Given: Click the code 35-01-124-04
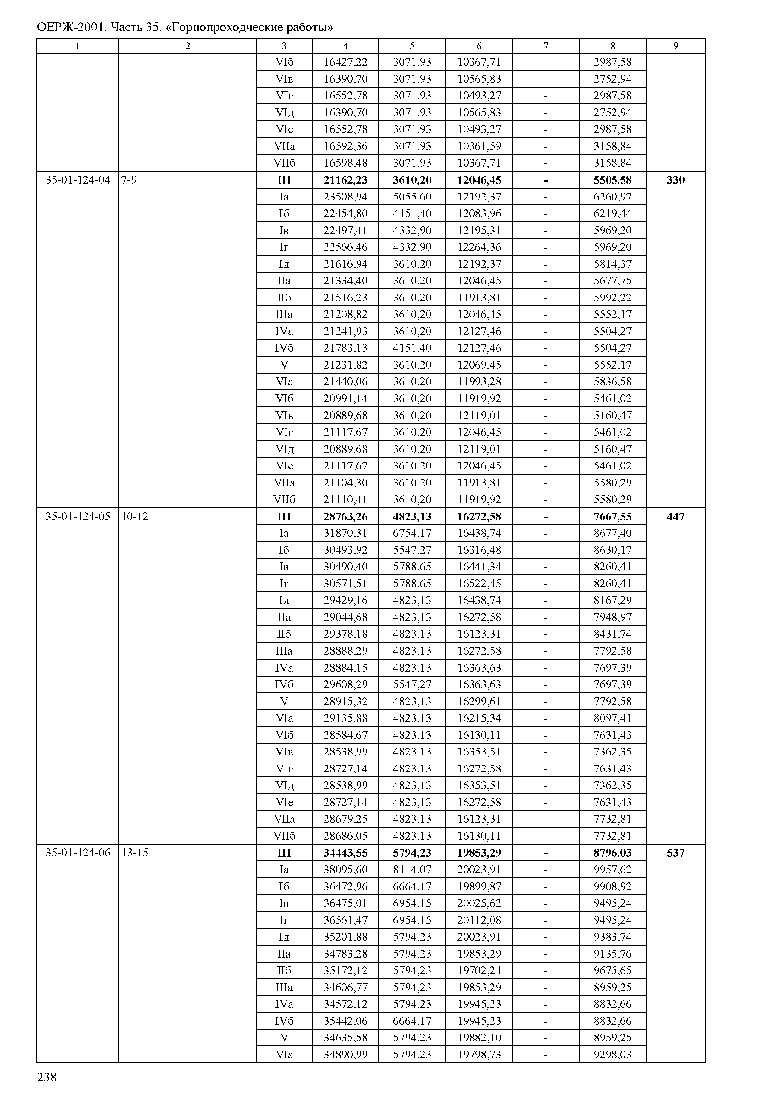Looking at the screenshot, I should tap(78, 180).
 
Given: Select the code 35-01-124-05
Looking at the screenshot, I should tap(78, 517).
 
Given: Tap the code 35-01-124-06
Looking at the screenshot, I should tap(78, 853).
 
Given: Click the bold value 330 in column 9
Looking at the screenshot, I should tap(675, 180).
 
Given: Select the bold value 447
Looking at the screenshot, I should tap(675, 517).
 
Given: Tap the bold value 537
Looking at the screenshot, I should tap(675, 853).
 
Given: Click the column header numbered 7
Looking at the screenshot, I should tap(546, 46).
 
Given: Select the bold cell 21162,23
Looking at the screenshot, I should tap(345, 180).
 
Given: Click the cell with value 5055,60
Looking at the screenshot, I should tap(412, 197).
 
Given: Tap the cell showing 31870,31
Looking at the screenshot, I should tap(345, 533).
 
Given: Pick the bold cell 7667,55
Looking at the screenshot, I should tap(612, 517).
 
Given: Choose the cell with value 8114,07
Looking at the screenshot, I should tap(412, 870).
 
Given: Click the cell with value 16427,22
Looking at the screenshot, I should tap(345, 62).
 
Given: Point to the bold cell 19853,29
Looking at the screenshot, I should tap(479, 853).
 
